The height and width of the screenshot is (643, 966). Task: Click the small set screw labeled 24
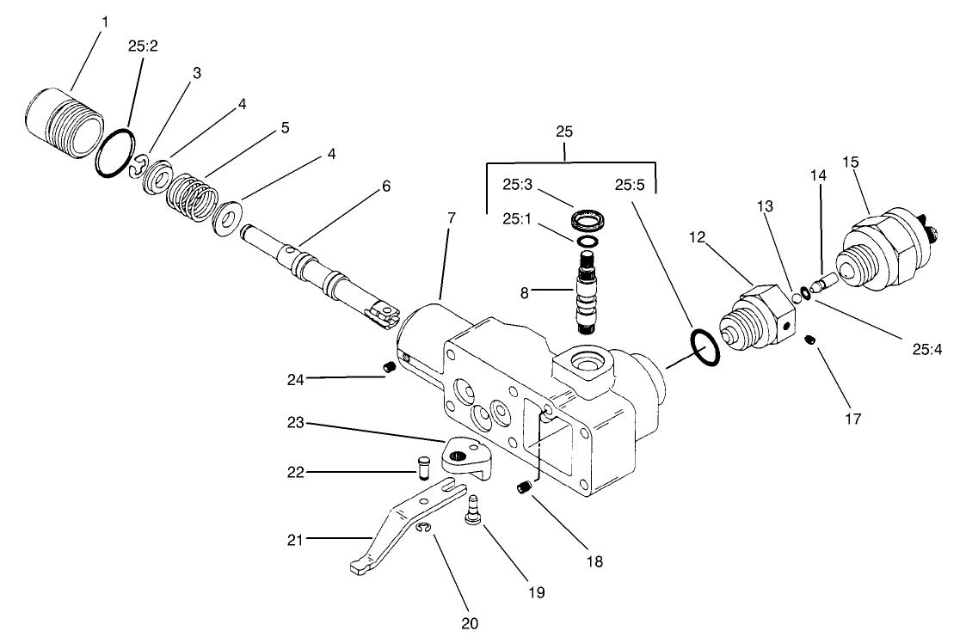388,368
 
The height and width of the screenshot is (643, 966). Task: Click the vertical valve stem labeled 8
588,298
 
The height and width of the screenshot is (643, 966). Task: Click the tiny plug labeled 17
810,342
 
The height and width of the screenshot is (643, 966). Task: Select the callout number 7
451,217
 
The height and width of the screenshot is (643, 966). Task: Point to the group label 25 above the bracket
564,132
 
